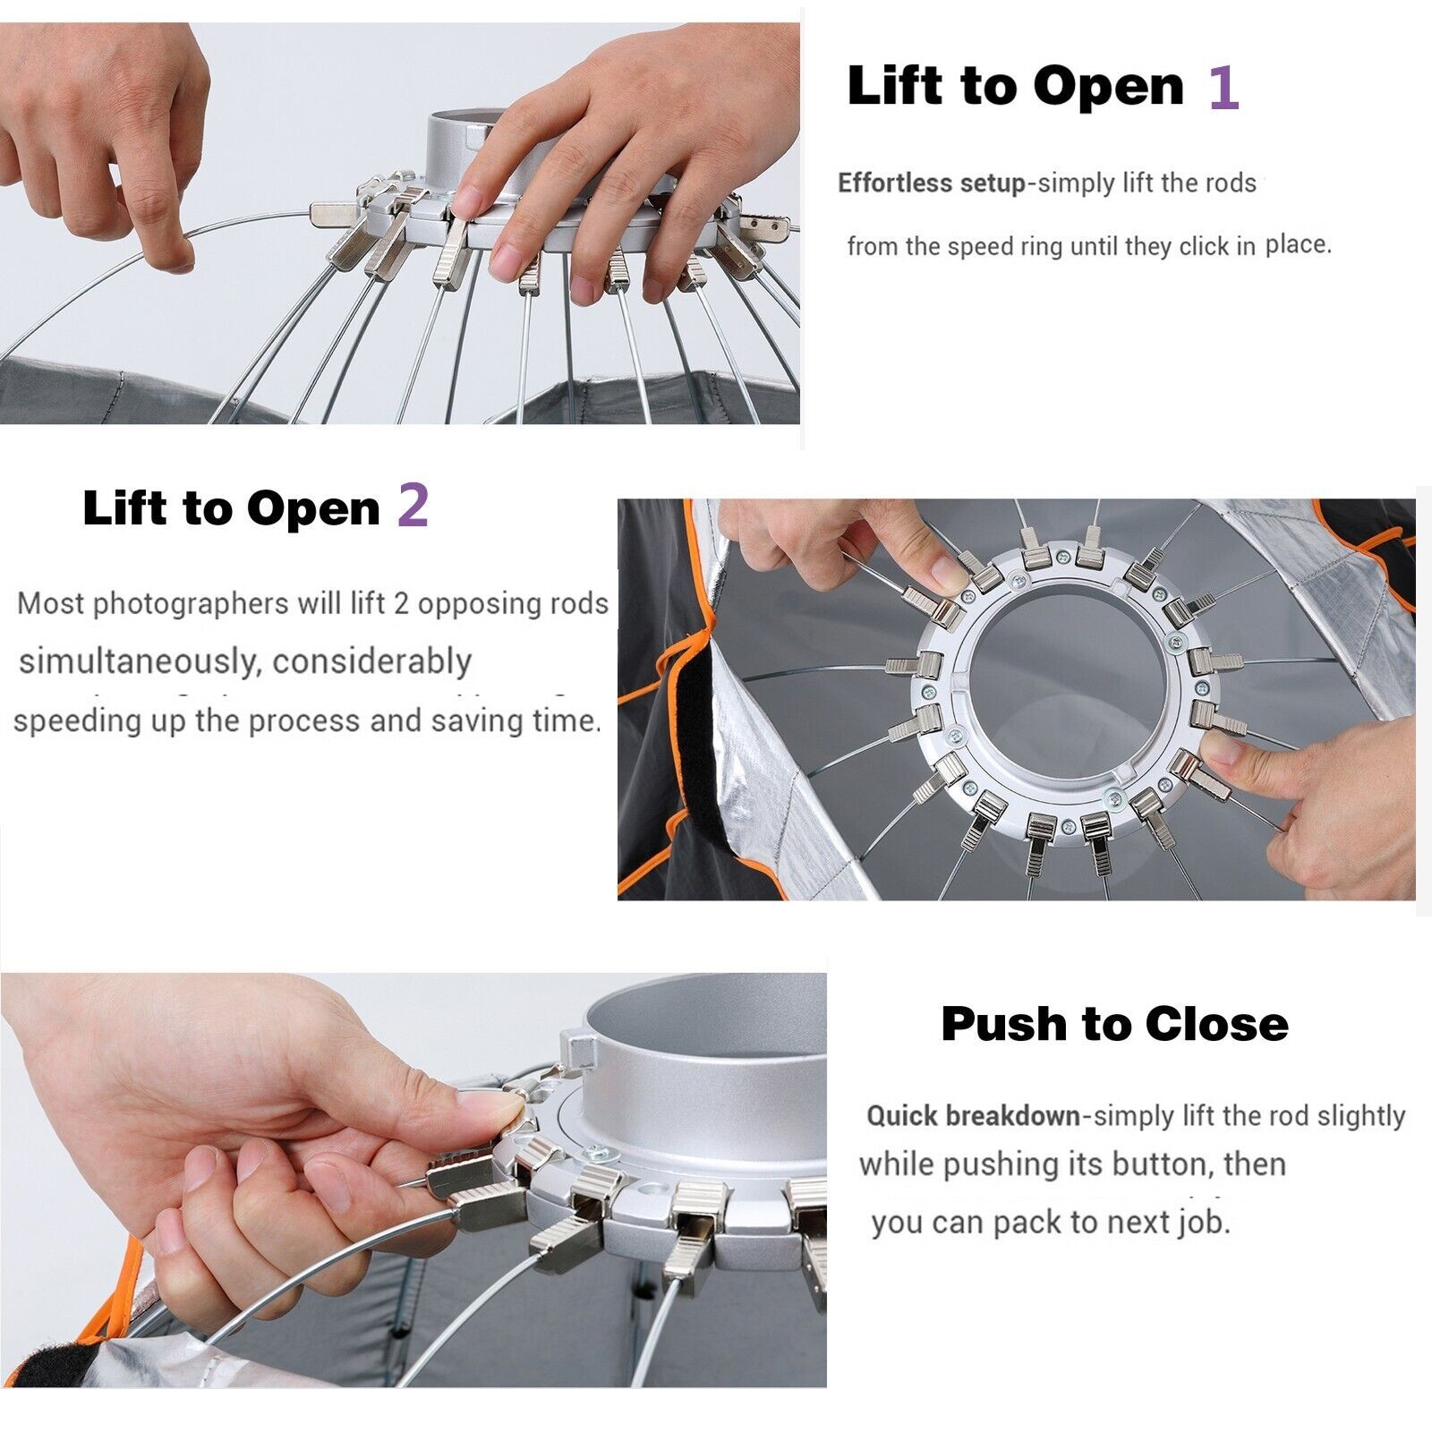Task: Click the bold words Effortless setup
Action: pos(931,183)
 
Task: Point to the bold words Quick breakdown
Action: pos(974,1116)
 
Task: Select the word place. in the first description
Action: pos(1298,244)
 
